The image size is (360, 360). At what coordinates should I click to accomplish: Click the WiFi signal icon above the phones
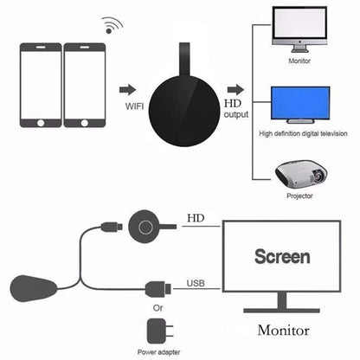(x=110, y=23)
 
